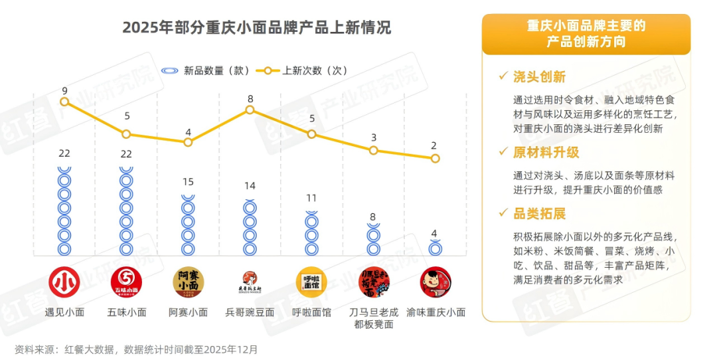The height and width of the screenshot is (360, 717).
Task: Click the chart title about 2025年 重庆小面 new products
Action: point(257,28)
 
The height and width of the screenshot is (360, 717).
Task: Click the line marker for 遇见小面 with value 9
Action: point(64,102)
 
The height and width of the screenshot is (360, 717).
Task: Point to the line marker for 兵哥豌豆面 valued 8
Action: point(250,110)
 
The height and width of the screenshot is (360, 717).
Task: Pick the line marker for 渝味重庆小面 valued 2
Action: point(435,158)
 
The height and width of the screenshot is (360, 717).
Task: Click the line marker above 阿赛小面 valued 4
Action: point(189,142)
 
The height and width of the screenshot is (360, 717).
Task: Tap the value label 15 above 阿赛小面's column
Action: point(189,182)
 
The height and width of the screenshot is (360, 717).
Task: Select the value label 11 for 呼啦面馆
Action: point(311,198)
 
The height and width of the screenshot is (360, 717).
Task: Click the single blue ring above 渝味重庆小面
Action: point(436,248)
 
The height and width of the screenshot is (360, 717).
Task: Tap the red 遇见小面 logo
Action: point(64,282)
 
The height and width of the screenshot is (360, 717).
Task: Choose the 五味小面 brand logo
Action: point(126,282)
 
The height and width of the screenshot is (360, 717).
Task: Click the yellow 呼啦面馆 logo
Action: point(311,282)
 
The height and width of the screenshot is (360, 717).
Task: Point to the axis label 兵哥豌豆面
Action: point(250,312)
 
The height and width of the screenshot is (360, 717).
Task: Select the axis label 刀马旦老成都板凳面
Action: point(374,318)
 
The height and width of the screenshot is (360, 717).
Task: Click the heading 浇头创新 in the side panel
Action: point(539,77)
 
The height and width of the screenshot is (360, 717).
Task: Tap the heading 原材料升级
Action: point(546,152)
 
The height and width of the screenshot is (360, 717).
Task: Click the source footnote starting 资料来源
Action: point(136,349)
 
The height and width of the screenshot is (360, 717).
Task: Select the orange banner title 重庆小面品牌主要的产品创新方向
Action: point(586,34)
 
